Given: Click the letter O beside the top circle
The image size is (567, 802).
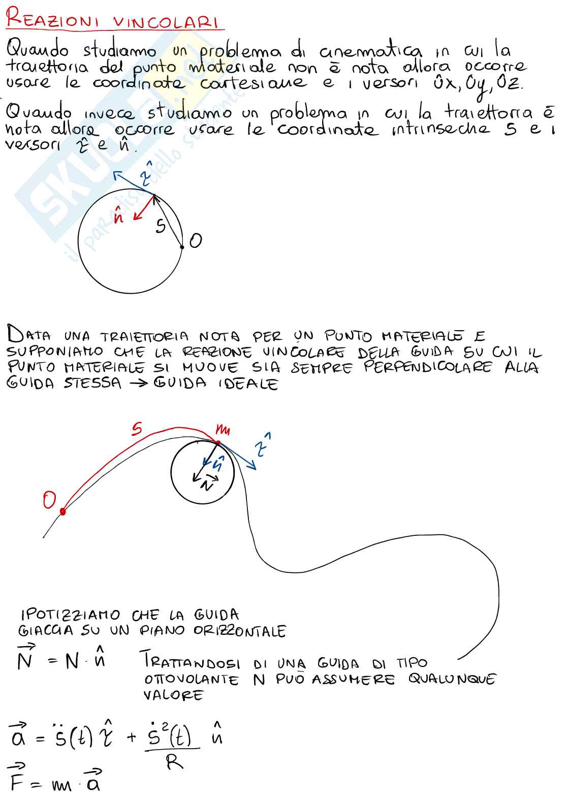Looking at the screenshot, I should pos(195,241).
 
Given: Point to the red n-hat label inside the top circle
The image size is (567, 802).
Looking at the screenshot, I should pos(119,216).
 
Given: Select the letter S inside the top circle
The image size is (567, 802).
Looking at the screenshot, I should pos(161,226).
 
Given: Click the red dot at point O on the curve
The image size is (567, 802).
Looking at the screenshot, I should pos(63,511).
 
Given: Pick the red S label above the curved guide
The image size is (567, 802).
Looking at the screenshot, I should pos(136,430).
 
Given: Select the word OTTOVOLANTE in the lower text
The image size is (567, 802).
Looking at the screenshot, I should pos(192,680).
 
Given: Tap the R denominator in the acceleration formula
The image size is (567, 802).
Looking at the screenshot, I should pos(175,762).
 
